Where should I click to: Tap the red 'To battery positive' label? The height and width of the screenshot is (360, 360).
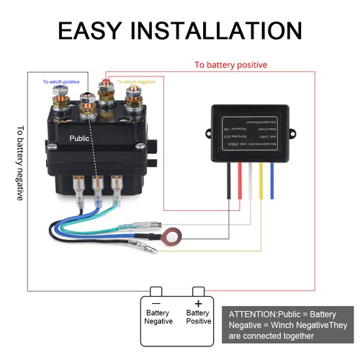coord(230,65)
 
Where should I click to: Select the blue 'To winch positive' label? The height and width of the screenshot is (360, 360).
coord(62,81)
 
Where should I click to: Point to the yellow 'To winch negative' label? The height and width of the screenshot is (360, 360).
coord(136,81)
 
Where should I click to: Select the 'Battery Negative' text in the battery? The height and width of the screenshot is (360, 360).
coord(158,318)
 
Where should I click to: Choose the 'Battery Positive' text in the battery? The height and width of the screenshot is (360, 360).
coord(198,318)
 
